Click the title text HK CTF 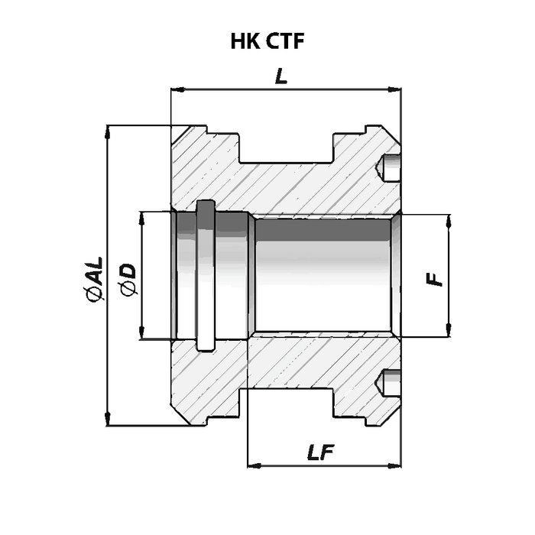pos(267,41)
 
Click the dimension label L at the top pos(282,76)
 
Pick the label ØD pos(128,279)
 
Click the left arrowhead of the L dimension pos(175,90)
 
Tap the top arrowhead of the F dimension pos(448,219)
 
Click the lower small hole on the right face pos(390,382)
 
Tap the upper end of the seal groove pos(206,205)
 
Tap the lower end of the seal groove pos(206,347)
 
